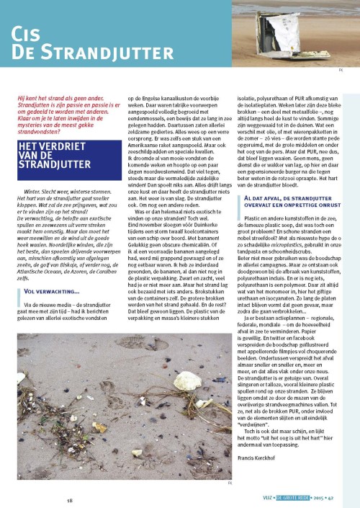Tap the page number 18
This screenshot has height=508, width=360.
(70, 499)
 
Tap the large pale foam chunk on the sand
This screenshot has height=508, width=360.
(186, 379)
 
